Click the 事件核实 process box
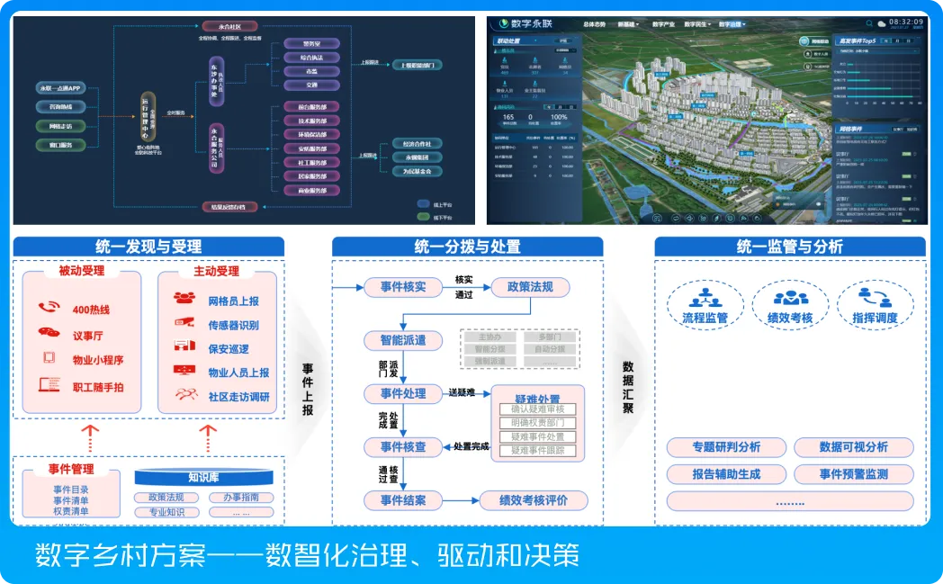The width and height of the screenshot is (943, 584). tap(402, 288)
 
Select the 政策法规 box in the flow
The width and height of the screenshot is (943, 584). tap(530, 288)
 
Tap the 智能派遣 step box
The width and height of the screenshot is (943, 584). tap(402, 341)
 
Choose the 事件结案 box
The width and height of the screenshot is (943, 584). tap(402, 500)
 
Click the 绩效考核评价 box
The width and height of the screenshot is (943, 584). tap(533, 500)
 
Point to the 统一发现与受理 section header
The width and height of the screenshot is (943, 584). tap(148, 247)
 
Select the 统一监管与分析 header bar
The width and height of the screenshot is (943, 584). tap(789, 247)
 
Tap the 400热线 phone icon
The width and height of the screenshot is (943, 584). tap(49, 308)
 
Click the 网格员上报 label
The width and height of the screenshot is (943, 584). tap(233, 301)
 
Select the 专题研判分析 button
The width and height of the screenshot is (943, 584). tap(726, 447)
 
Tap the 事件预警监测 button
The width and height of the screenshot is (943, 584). tap(853, 473)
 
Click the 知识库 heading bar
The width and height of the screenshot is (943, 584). tap(204, 477)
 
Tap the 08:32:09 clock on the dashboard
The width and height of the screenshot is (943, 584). tap(903, 21)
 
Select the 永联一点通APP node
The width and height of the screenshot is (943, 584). tap(60, 88)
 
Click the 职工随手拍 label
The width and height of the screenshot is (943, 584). tap(98, 386)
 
